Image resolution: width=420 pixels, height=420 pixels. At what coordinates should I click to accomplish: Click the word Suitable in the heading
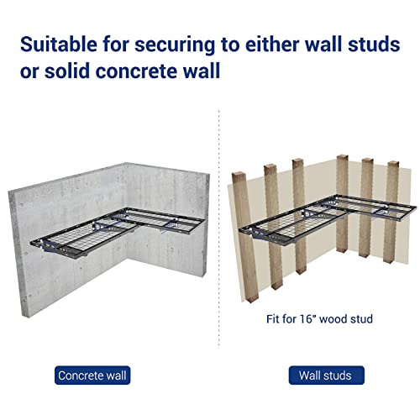[59, 44]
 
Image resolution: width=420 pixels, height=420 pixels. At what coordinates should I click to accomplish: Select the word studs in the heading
[374, 44]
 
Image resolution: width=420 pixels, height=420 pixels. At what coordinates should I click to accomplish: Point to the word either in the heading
[270, 44]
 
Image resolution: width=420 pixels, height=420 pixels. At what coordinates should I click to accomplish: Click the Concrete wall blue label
[92, 375]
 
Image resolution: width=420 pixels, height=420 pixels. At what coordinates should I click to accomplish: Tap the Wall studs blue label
[327, 375]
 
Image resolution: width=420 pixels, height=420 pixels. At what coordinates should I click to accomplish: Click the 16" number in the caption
[307, 318]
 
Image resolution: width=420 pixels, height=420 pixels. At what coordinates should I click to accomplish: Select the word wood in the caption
[333, 319]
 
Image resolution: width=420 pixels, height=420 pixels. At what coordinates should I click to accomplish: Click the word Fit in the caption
[273, 319]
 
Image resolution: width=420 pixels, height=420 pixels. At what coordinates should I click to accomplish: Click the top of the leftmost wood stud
[239, 174]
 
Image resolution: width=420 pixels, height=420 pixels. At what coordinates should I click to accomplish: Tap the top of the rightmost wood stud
[393, 163]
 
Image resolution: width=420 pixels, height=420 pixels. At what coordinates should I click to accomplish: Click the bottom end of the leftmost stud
[251, 299]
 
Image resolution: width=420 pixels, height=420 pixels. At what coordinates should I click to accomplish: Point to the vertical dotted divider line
[219, 228]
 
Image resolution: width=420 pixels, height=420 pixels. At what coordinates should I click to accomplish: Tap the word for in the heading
[116, 44]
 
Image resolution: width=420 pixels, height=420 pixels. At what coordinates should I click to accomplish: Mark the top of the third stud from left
[298, 161]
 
